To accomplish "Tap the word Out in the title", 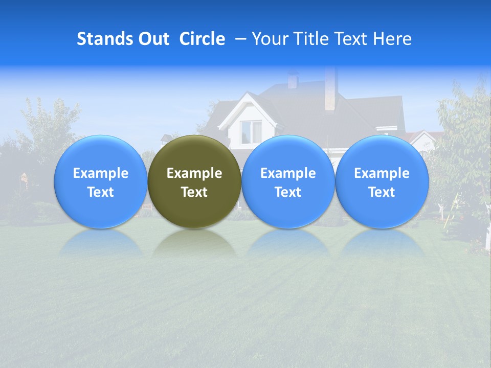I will click(x=152, y=39).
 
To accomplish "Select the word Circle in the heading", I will click(x=202, y=39).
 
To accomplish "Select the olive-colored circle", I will click(x=194, y=181).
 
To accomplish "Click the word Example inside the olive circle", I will click(x=194, y=173).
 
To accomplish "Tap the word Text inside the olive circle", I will click(x=194, y=192).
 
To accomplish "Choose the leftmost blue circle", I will click(x=100, y=181).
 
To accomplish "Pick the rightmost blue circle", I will click(x=382, y=181).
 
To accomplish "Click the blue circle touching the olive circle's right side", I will click(x=288, y=181).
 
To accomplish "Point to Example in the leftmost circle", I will click(x=100, y=173).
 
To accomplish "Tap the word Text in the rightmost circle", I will click(x=382, y=192).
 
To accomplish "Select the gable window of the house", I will click(x=251, y=131).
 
